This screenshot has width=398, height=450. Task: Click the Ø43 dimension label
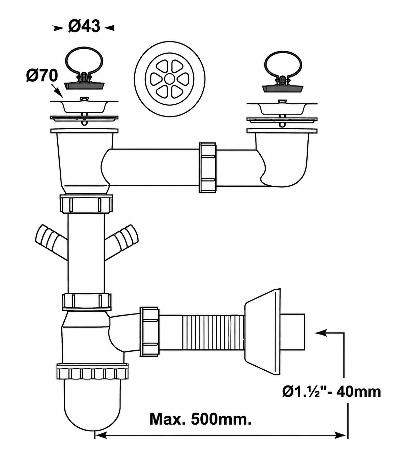click(x=84, y=26)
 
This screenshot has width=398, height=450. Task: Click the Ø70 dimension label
click(x=42, y=75)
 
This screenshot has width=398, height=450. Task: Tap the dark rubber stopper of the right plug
click(x=283, y=88)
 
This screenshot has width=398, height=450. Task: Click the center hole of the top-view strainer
click(x=169, y=79)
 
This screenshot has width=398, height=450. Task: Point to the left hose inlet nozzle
click(x=51, y=242)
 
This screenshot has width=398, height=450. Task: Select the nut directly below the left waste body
click(x=86, y=203)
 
